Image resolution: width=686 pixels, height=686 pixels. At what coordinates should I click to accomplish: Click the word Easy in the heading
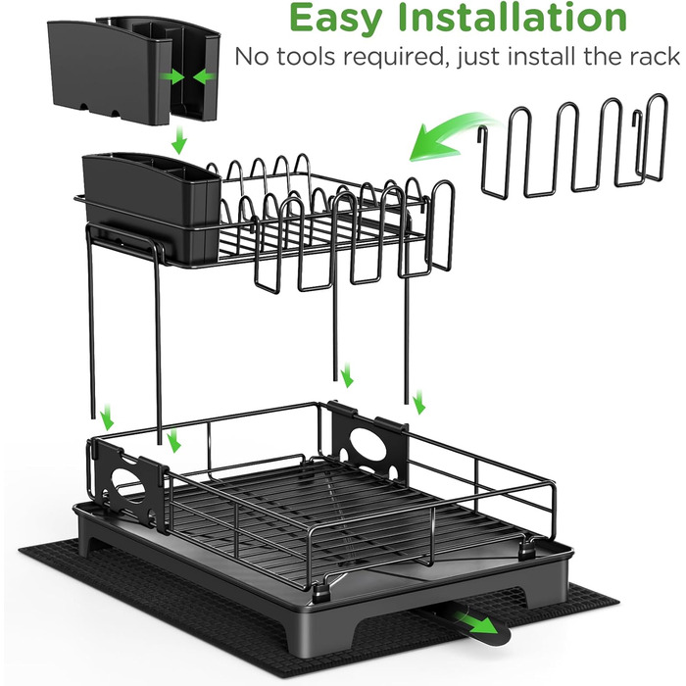[335, 19]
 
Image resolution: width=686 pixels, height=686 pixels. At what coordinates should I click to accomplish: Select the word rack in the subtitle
[654, 57]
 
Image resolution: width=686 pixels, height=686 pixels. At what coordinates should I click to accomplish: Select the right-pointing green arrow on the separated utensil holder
[172, 77]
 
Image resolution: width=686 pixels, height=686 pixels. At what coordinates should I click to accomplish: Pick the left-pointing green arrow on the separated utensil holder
[204, 77]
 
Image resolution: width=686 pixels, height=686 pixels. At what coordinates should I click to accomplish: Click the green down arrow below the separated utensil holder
[178, 141]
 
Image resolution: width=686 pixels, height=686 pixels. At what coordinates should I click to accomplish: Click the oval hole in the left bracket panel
[129, 482]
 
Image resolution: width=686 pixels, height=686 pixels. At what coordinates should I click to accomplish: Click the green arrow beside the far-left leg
[106, 418]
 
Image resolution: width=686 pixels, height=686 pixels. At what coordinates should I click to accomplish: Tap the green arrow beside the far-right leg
[418, 402]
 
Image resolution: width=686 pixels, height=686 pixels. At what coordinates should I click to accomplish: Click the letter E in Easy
[301, 17]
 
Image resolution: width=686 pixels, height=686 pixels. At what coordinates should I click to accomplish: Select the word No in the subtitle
[253, 57]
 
